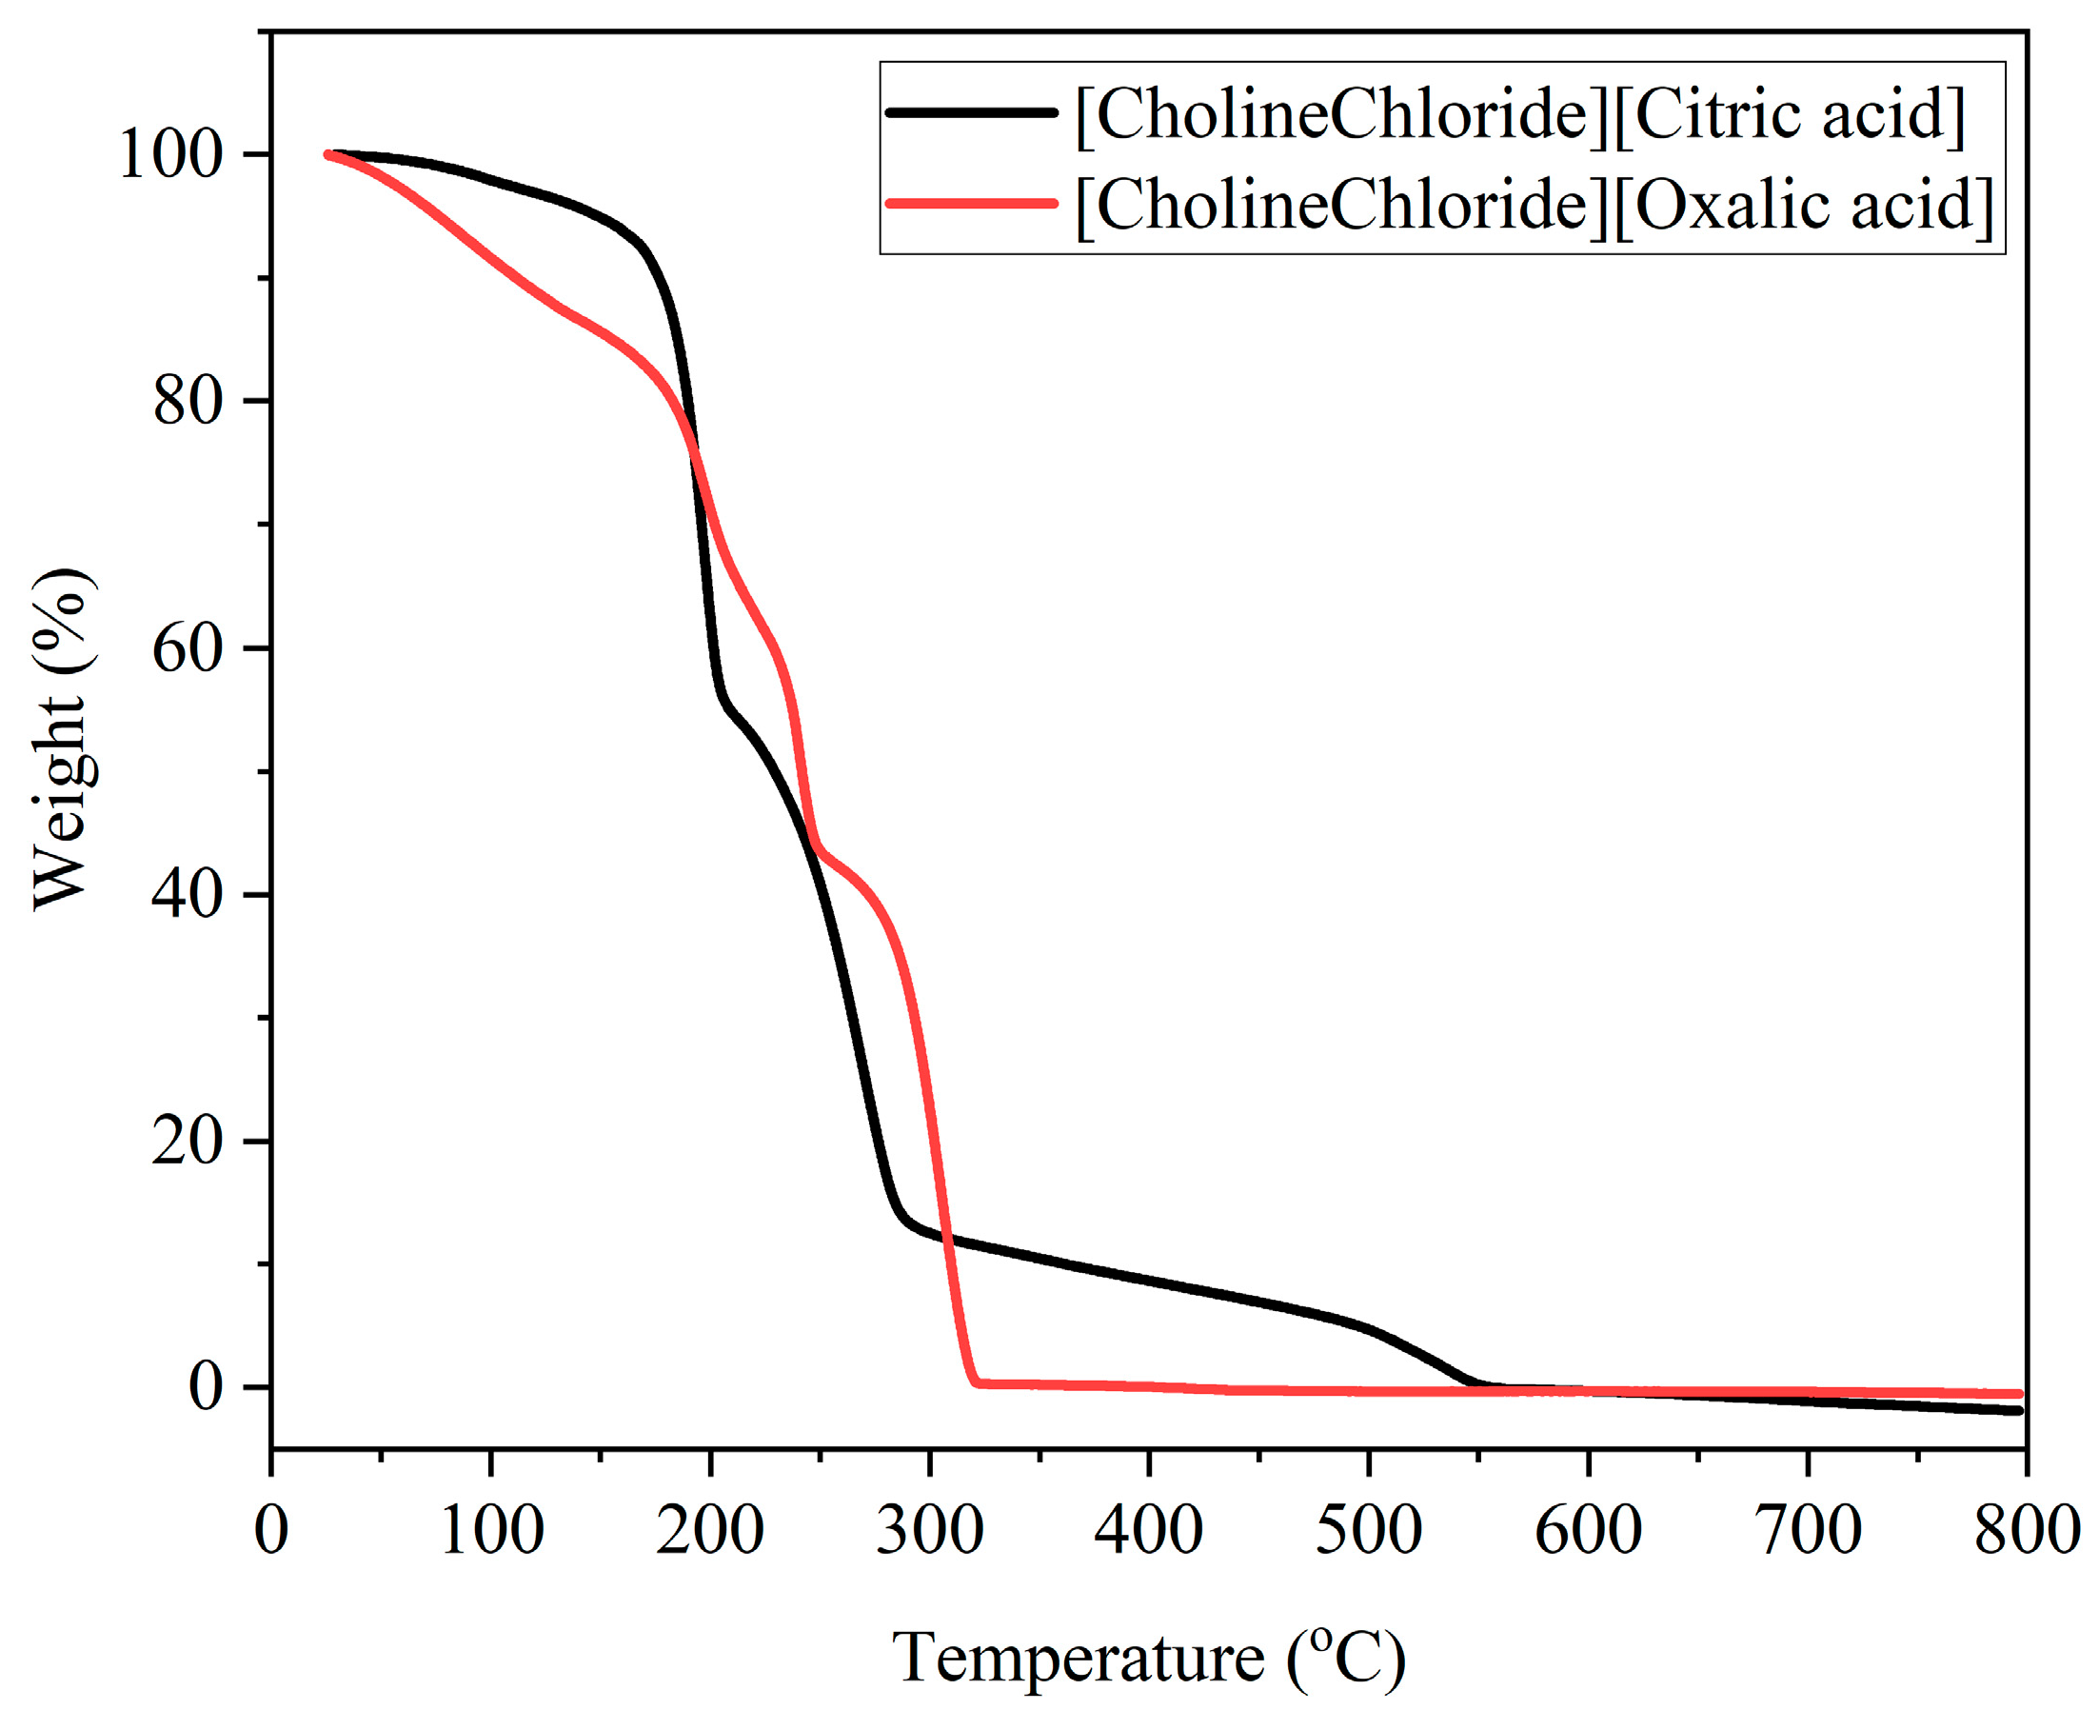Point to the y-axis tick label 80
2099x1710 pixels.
[x=187, y=402]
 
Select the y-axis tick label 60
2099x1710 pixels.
[x=187, y=649]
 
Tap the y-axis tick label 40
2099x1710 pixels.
[x=187, y=895]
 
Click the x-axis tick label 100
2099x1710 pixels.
[x=490, y=1531]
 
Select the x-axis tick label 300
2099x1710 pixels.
[x=929, y=1531]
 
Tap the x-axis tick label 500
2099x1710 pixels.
[x=1368, y=1531]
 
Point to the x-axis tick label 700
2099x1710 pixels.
[x=1808, y=1531]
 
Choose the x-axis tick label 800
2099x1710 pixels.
[x=2026, y=1531]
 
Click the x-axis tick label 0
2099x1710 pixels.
[x=271, y=1531]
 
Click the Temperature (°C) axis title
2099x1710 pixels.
[x=1148, y=1658]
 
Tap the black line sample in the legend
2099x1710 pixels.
[x=970, y=112]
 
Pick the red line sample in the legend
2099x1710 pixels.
[x=970, y=204]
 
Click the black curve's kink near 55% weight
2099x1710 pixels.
[x=725, y=702]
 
